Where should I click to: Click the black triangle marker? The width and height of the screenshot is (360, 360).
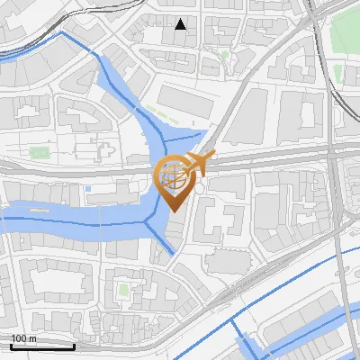click(x=181, y=24)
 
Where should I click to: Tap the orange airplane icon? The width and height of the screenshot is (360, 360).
click(x=197, y=164)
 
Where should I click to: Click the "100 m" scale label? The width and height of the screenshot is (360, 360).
click(x=23, y=338)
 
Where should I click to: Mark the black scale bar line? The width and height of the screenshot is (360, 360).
click(x=41, y=346)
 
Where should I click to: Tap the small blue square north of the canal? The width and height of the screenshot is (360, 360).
click(x=90, y=188)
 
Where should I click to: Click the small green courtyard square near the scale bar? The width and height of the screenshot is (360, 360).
click(x=123, y=290)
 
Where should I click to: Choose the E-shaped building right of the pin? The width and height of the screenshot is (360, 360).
click(x=220, y=216)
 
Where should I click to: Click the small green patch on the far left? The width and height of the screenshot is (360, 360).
click(x=38, y=152)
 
